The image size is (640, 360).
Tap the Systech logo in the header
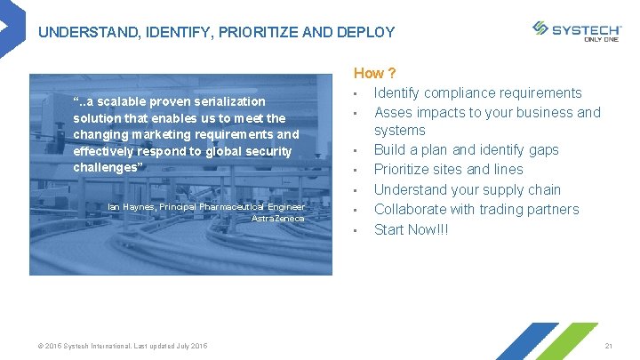click(577, 30)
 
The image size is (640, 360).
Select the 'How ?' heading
click(374, 73)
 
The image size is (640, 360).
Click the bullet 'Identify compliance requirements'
click(477, 92)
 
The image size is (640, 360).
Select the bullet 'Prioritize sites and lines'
click(448, 169)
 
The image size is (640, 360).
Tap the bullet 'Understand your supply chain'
click(467, 189)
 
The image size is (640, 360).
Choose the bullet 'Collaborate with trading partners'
click(476, 209)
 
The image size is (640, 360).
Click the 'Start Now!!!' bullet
click(411, 229)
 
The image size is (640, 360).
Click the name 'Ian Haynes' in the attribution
click(131, 207)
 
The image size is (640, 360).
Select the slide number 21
click(609, 345)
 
